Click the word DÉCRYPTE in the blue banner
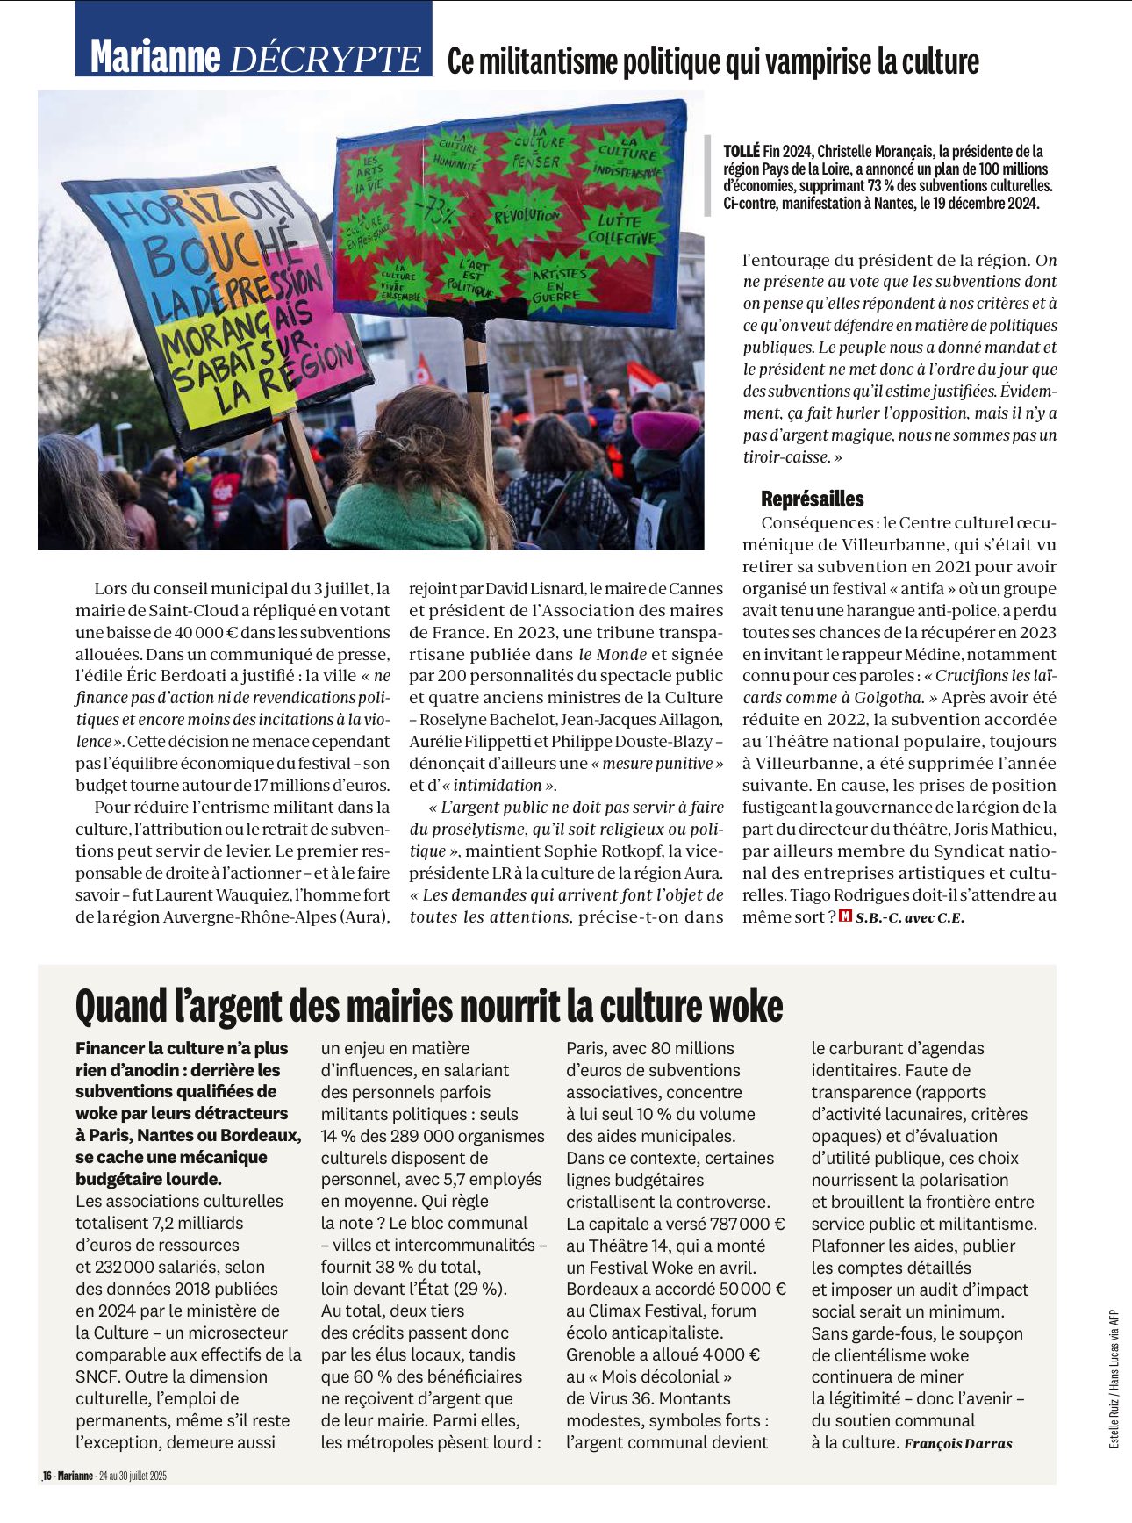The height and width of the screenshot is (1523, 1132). (x=325, y=59)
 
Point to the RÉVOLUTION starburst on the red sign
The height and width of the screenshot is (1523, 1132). (x=527, y=216)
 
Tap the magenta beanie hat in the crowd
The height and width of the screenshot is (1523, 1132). (x=665, y=429)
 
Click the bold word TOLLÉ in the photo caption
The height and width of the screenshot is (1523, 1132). (x=742, y=152)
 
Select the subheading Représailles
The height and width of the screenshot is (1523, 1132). (x=813, y=499)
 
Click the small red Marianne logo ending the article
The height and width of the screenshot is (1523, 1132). (x=845, y=916)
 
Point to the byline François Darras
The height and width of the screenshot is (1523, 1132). (x=957, y=1443)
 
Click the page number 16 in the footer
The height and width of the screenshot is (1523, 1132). (x=47, y=1476)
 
